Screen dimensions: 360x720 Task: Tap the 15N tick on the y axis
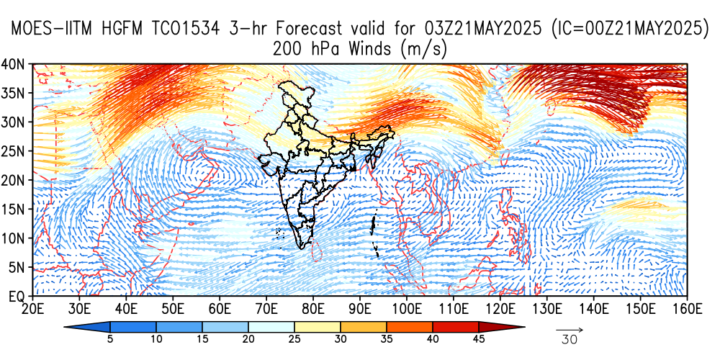pyautogui.click(x=16, y=209)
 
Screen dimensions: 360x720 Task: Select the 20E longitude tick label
pyautogui.click(x=32, y=309)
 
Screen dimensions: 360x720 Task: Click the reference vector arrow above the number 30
pyautogui.click(x=570, y=329)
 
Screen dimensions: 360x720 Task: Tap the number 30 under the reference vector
pyautogui.click(x=570, y=339)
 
